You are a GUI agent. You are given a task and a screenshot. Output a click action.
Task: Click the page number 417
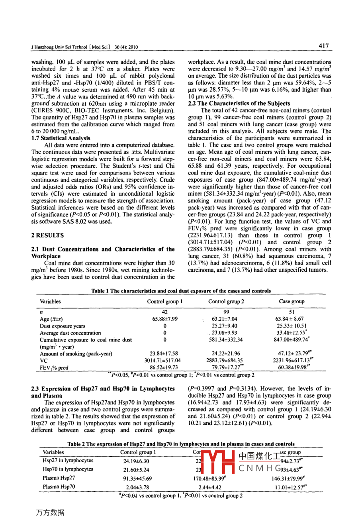coord(324,46)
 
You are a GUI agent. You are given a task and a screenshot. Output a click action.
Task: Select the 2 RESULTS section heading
coord(47,236)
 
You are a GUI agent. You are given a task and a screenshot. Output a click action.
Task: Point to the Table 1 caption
coord(181,291)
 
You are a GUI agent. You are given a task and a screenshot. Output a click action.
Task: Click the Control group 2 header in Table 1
coord(226,302)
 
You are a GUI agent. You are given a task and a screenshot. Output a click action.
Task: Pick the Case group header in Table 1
coord(292,302)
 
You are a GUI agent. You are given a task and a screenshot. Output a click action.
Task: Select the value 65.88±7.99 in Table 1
coord(165,319)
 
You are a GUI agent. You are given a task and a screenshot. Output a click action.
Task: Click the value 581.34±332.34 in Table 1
coord(226,340)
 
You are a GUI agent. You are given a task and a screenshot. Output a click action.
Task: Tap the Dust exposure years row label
coord(63,326)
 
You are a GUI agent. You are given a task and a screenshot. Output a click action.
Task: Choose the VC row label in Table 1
coord(43,361)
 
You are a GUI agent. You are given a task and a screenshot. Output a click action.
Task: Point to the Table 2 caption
coord(181,444)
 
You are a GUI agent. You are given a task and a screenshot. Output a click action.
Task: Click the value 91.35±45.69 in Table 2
coord(137,478)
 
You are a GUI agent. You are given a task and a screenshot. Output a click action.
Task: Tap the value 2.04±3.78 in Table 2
coord(137,487)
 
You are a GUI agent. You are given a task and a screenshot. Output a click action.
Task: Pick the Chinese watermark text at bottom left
coord(50,512)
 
